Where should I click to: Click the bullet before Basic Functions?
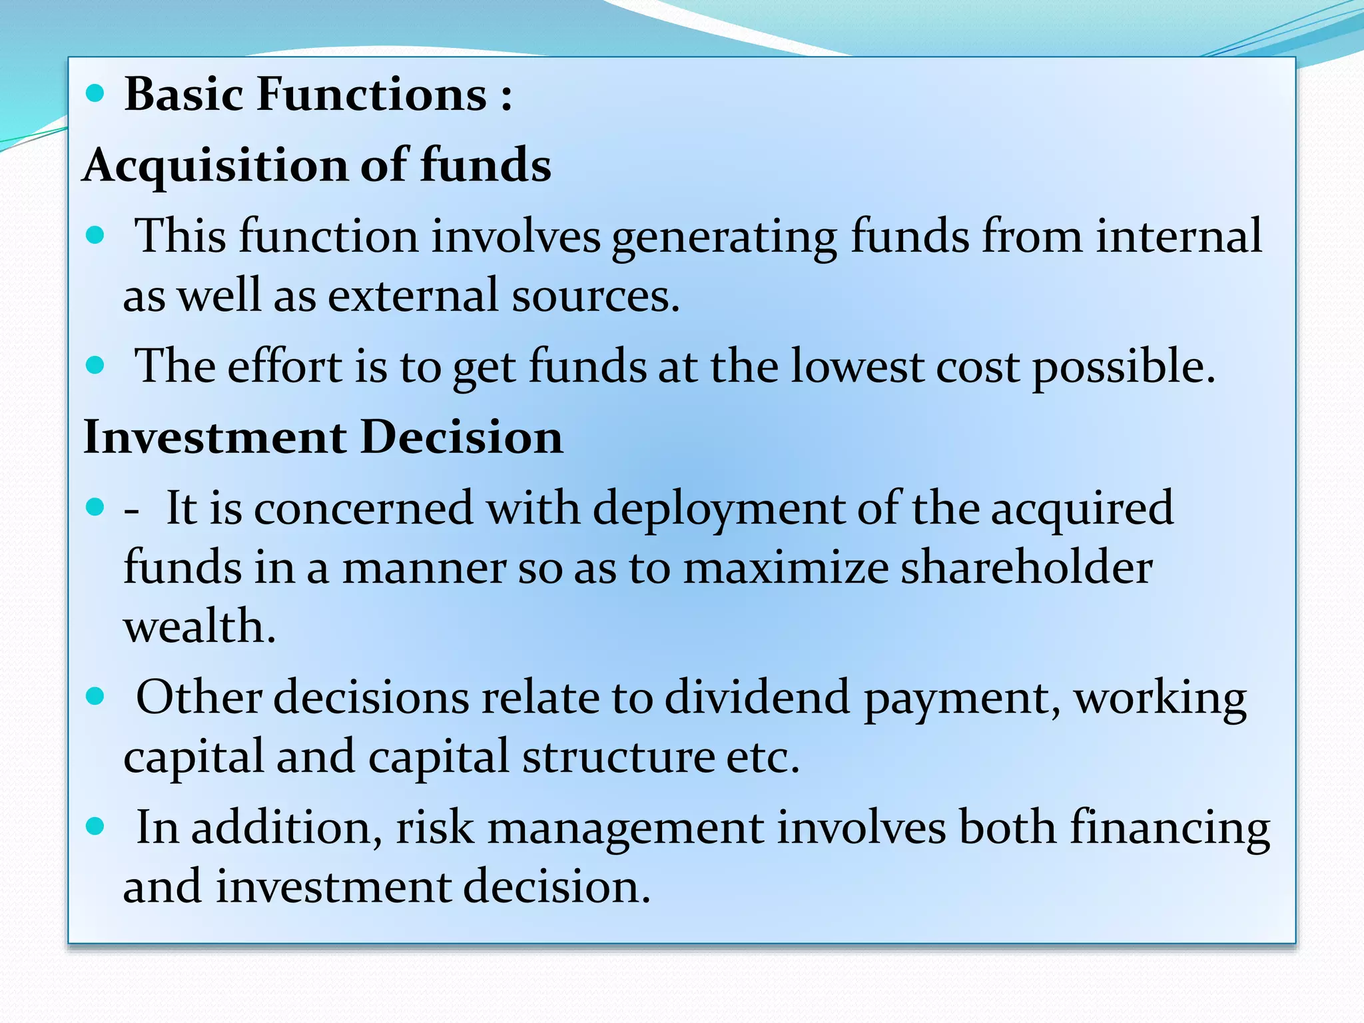point(96,94)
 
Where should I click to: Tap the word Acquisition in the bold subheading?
point(215,165)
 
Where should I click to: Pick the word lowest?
point(856,366)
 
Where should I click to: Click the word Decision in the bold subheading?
point(462,438)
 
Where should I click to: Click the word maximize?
point(785,568)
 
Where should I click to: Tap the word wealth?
point(199,627)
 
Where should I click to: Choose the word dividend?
point(757,697)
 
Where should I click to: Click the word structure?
point(618,757)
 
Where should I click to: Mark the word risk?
point(435,828)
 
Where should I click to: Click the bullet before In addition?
point(96,827)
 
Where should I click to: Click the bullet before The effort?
point(96,365)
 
